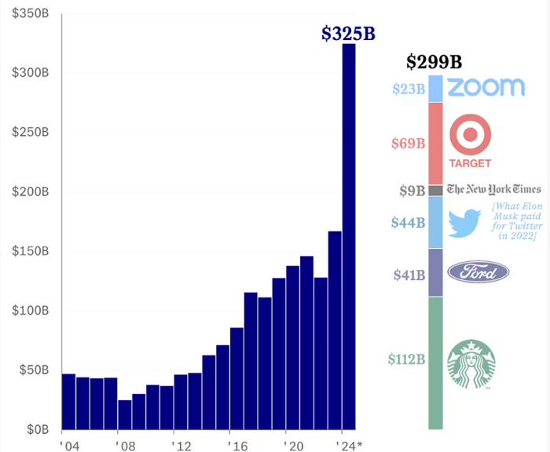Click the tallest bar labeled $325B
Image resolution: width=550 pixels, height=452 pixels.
tap(348, 235)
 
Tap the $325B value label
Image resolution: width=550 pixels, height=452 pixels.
tap(349, 34)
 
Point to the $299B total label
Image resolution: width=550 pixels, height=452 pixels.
tap(434, 62)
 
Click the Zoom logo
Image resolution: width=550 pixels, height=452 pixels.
tap(486, 87)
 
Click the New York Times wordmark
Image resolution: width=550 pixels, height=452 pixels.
tap(494, 189)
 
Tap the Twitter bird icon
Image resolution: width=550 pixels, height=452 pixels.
tap(464, 223)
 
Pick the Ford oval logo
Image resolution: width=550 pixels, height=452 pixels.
tap(478, 272)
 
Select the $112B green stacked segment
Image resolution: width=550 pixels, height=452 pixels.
tap(435, 363)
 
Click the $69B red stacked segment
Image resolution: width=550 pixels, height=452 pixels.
tap(435, 144)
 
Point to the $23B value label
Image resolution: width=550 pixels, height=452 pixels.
tap(409, 89)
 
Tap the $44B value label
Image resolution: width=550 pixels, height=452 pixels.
tap(409, 223)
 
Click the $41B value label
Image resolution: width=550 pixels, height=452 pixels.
tap(409, 275)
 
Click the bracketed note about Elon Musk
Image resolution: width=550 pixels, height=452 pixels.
tap(515, 221)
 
